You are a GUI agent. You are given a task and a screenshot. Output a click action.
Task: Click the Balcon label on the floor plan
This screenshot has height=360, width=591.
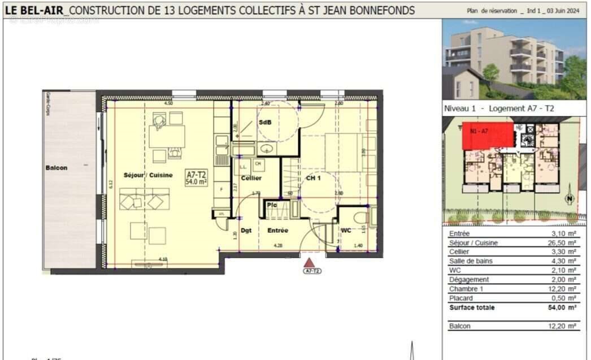(x=57, y=168)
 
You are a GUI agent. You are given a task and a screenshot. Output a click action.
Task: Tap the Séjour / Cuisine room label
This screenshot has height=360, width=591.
(x=148, y=175)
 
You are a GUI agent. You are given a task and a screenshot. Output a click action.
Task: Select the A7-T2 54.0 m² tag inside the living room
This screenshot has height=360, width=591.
(x=197, y=178)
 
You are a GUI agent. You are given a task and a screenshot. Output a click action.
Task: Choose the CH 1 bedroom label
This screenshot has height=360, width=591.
(x=314, y=178)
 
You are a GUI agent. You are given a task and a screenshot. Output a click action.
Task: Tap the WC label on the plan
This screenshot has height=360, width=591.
(x=346, y=230)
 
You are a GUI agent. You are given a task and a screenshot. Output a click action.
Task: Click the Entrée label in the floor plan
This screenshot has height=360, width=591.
(x=278, y=230)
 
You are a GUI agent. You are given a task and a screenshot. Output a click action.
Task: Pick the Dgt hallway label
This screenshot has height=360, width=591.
(x=246, y=230)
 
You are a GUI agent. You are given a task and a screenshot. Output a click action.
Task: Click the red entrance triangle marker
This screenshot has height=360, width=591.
(x=309, y=262)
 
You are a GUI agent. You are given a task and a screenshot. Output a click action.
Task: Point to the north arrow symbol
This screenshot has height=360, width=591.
(x=570, y=199)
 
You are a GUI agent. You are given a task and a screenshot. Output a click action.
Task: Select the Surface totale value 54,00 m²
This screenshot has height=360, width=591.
(x=564, y=307)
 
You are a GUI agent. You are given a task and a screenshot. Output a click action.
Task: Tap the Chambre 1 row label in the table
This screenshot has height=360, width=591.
(x=466, y=289)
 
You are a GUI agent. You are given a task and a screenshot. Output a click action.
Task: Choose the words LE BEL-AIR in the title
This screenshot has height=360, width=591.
(x=35, y=10)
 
